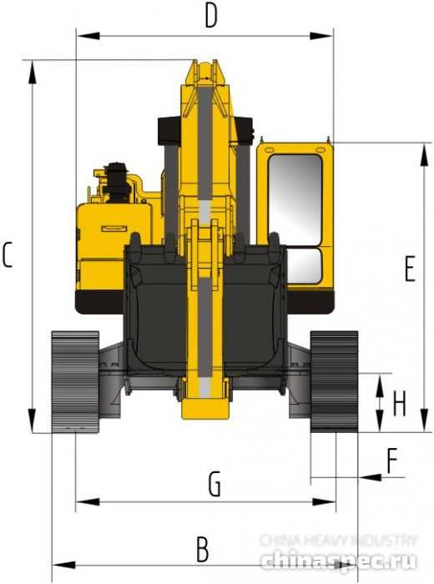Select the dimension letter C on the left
(x=8, y=254)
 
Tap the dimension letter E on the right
(x=409, y=269)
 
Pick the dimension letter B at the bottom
(x=202, y=549)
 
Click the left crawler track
(x=75, y=380)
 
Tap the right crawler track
(x=334, y=380)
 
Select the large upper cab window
(x=295, y=198)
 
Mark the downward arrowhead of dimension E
(x=416, y=424)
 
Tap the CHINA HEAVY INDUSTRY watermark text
(x=338, y=541)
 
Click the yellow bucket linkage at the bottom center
(x=203, y=400)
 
